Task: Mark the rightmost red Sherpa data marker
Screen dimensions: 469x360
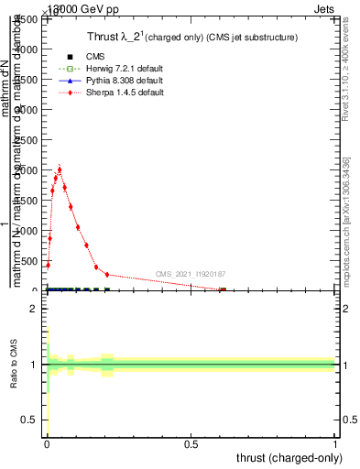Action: coord(223,290)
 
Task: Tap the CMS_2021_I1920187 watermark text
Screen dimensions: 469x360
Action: coord(191,274)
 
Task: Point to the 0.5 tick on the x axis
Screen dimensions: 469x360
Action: coord(191,442)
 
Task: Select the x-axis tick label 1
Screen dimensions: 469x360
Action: coord(335,442)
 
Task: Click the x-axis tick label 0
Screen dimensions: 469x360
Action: coord(47,442)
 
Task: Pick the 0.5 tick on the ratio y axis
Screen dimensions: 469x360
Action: coord(30,420)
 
